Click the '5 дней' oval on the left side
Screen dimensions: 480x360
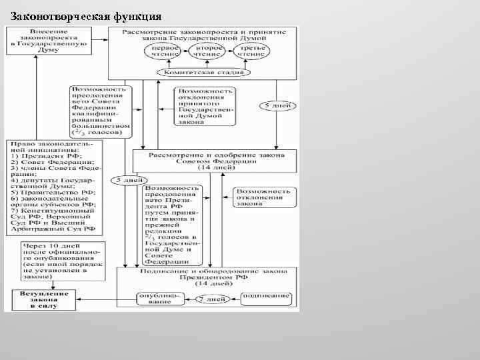(x=127, y=181)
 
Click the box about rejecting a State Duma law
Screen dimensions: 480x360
(x=205, y=106)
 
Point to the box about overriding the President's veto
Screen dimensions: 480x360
(x=170, y=224)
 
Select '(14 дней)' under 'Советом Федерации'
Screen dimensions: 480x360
(x=216, y=167)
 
